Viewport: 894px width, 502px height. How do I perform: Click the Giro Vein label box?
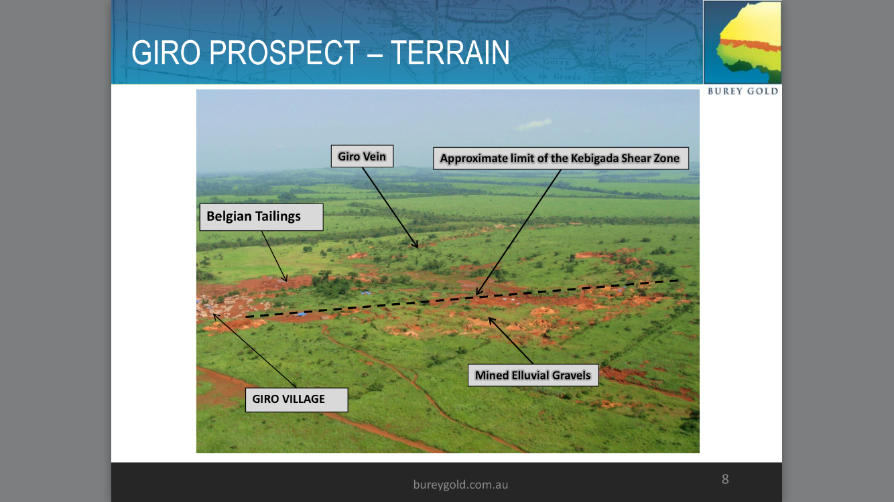[362, 156]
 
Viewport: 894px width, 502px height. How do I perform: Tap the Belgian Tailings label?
[261, 217]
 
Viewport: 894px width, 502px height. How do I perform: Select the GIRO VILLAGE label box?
[296, 400]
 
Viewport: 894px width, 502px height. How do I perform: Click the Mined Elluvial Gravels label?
[533, 375]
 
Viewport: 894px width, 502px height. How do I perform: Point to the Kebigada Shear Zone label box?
[561, 158]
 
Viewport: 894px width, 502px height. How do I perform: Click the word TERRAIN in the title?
[450, 53]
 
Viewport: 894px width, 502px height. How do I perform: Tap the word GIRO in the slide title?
[166, 53]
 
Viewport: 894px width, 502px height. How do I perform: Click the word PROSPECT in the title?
[284, 53]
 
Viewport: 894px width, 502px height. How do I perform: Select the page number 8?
[725, 479]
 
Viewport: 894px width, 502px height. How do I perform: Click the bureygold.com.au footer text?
[460, 485]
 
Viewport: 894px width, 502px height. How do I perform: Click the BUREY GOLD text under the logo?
[743, 91]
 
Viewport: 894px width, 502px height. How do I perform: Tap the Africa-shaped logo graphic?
[743, 42]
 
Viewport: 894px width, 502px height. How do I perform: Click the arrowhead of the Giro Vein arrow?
[416, 244]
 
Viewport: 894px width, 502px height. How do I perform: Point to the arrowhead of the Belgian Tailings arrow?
[285, 278]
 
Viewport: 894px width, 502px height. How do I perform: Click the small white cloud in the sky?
[533, 124]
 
